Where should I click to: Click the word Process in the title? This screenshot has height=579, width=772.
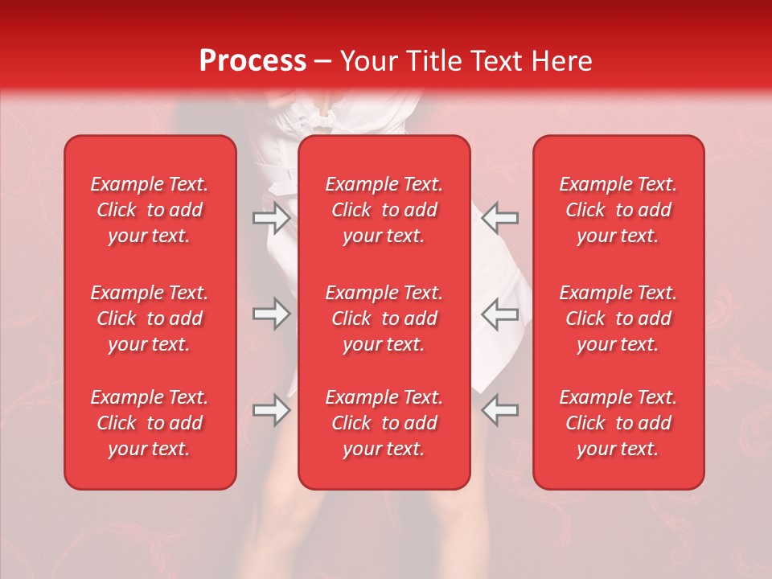coord(253,61)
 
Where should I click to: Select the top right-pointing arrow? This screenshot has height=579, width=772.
coord(271,218)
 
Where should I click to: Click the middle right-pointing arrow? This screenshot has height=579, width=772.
coord(271,314)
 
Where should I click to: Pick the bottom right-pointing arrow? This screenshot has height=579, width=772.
coord(271,410)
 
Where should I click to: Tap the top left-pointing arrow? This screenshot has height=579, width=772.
coord(500,218)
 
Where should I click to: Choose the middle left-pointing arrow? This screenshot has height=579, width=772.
coord(500,314)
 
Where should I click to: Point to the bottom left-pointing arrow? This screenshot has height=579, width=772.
coord(500,410)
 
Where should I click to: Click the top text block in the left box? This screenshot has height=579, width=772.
coord(150,210)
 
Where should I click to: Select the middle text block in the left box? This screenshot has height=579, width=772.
coord(150,318)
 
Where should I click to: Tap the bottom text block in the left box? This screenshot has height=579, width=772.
coord(150,423)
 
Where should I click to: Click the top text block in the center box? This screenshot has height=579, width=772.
coord(384,210)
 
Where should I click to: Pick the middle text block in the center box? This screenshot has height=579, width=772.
coord(384,318)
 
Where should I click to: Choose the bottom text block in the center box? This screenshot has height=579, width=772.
coord(384,423)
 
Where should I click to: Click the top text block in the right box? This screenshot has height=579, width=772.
coord(618,210)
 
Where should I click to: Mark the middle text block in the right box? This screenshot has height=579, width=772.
coord(618,318)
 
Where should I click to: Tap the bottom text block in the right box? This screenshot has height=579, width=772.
coord(618,423)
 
